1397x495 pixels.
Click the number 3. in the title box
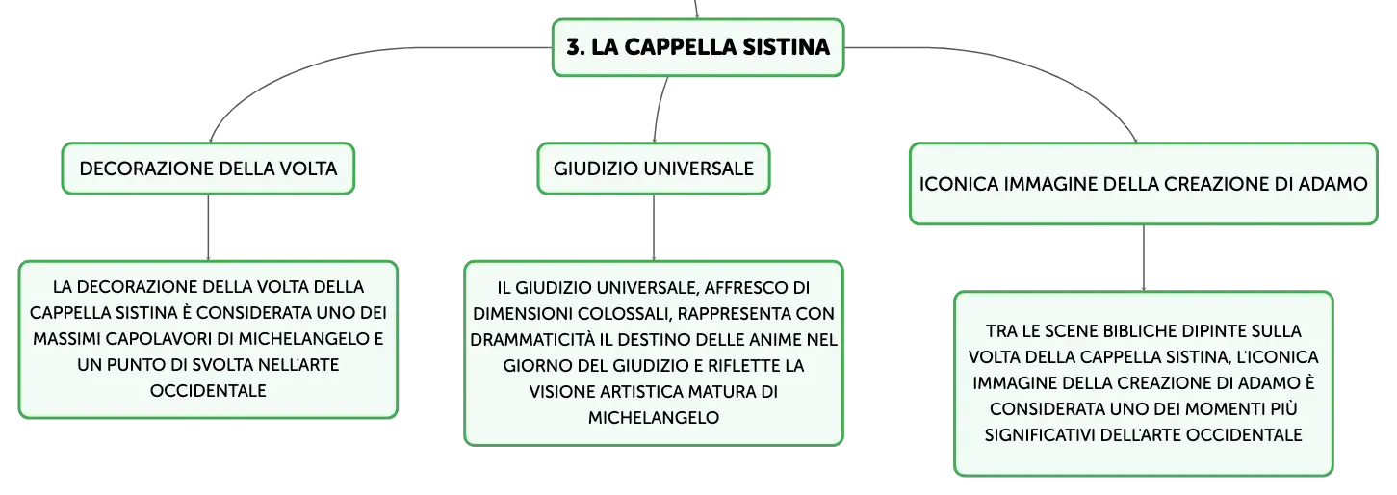576,47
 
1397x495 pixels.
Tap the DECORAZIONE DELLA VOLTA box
208,169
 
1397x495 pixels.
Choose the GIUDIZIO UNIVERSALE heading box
654,169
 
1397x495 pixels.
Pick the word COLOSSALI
625,313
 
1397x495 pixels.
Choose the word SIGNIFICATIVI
1039,435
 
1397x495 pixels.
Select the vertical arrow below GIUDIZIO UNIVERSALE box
654,227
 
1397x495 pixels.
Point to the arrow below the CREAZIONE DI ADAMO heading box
1144,258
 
